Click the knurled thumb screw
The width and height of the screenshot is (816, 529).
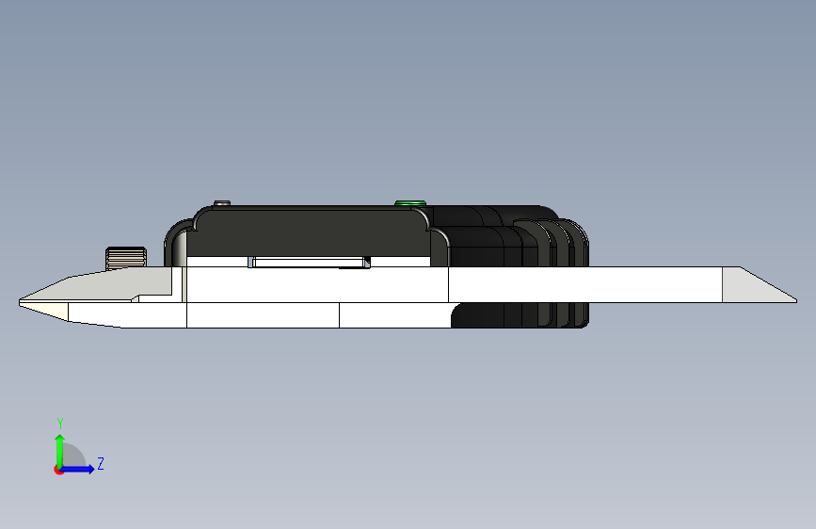pyautogui.click(x=126, y=258)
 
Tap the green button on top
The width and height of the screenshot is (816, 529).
pyautogui.click(x=410, y=203)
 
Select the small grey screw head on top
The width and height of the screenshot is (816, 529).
pyautogui.click(x=222, y=202)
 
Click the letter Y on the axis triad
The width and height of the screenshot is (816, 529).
pyautogui.click(x=60, y=424)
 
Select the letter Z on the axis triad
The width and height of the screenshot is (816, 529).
pyautogui.click(x=101, y=463)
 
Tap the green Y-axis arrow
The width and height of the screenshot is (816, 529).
pyautogui.click(x=60, y=451)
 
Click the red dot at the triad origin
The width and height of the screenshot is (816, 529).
pyautogui.click(x=58, y=470)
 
